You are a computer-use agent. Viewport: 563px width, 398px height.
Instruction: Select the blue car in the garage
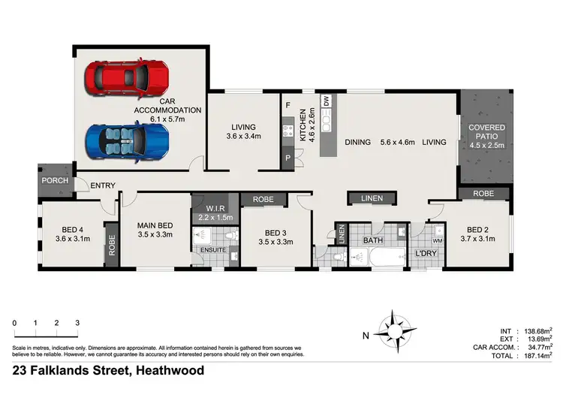pyautogui.click(x=126, y=140)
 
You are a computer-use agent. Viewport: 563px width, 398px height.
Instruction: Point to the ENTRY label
pyautogui.click(x=102, y=185)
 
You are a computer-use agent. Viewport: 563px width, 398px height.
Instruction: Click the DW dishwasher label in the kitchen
pyautogui.click(x=326, y=99)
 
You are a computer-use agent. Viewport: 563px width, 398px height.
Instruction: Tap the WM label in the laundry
pyautogui.click(x=438, y=240)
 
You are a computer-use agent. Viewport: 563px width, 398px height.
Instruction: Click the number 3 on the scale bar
pyautogui.click(x=77, y=323)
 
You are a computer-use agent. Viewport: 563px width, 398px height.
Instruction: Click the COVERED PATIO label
pyautogui.click(x=487, y=132)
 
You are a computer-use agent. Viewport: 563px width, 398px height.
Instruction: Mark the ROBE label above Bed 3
pyautogui.click(x=263, y=201)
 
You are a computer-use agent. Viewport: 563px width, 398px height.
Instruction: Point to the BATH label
pyautogui.click(x=373, y=240)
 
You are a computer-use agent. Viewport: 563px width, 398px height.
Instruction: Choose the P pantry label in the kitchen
pyautogui.click(x=288, y=159)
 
